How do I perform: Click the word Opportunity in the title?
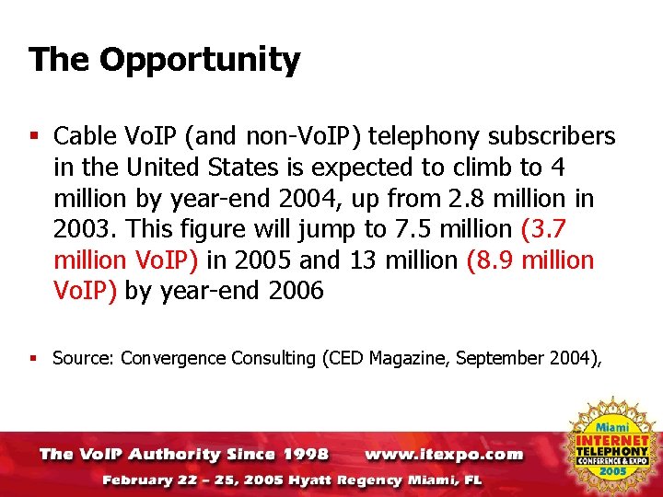tap(200, 61)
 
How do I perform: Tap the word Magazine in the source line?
tap(407, 358)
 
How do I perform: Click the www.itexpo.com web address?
tap(444, 455)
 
